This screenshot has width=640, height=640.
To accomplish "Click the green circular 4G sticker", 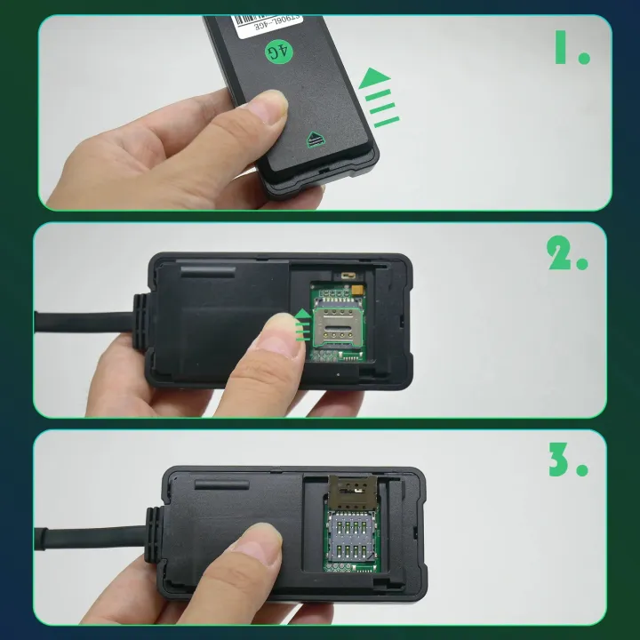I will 279,52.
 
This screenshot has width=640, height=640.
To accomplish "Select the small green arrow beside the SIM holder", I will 304,324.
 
